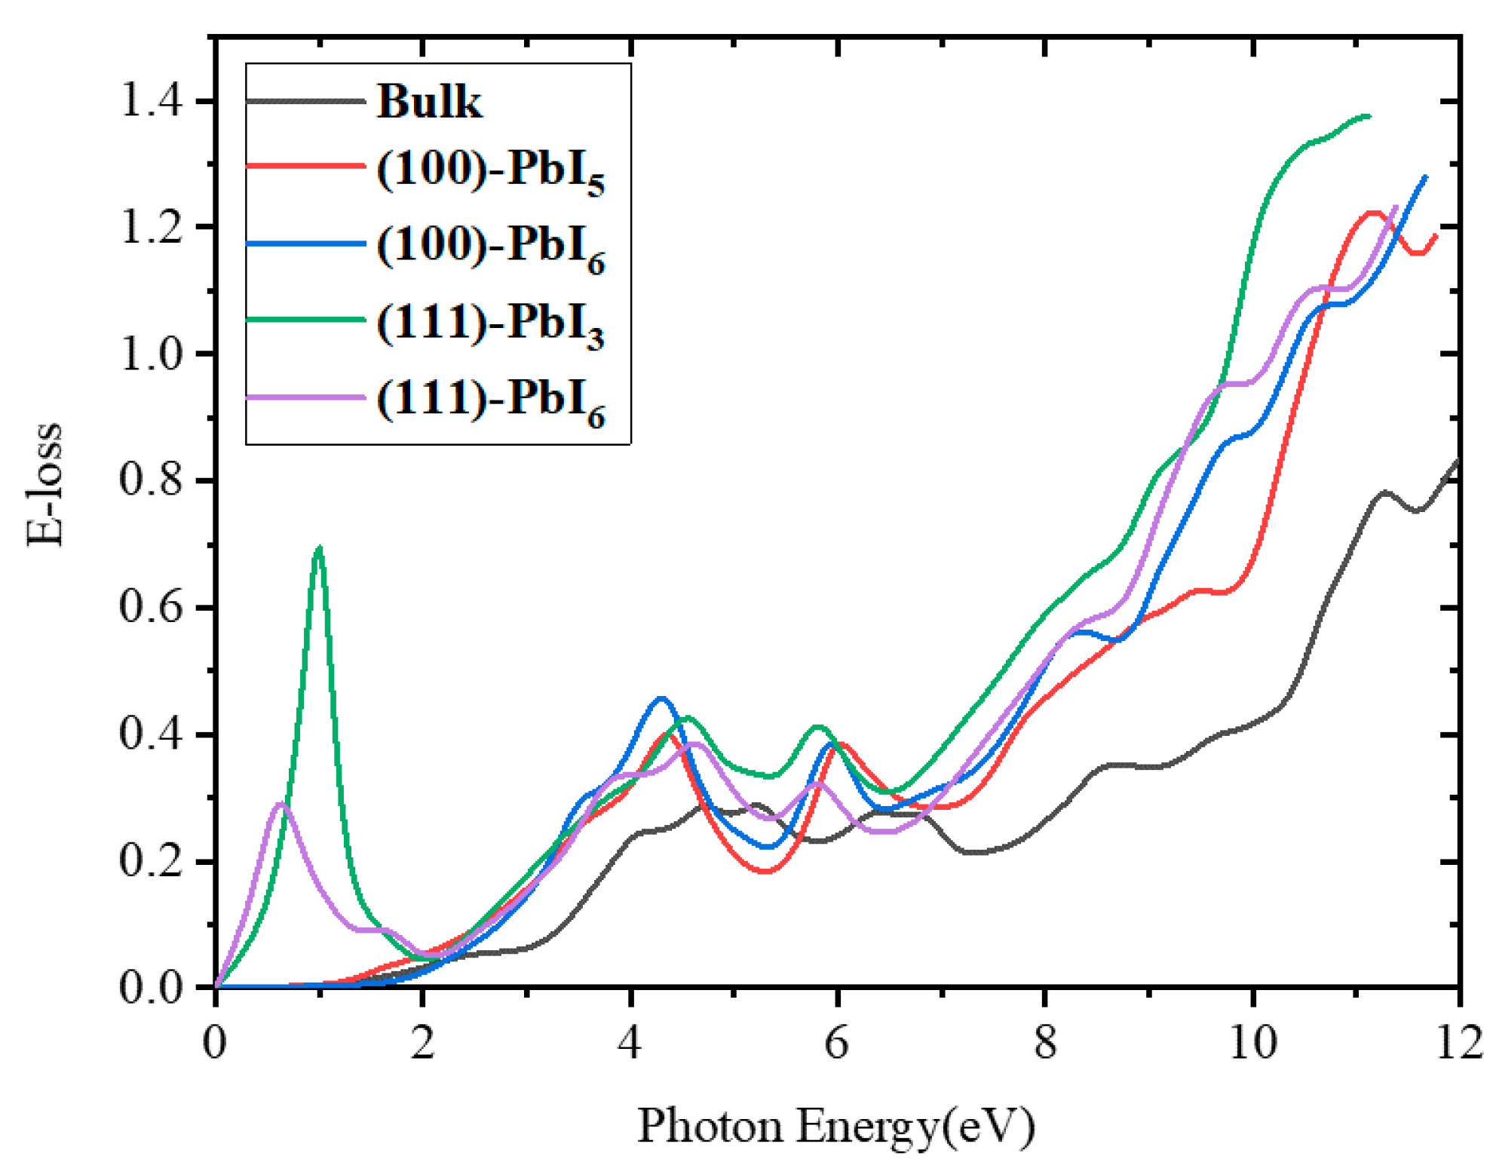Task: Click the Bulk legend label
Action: pos(428,101)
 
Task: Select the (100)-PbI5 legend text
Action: pos(490,172)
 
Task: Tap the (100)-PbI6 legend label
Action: pos(490,248)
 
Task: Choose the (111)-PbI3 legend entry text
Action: pos(490,325)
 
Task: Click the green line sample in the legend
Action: pos(305,320)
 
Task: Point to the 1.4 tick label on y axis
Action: pos(152,100)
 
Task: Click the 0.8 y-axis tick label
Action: pos(152,480)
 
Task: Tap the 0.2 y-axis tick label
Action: pos(152,860)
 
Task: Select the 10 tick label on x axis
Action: pos(1252,1044)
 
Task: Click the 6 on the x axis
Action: pos(837,1044)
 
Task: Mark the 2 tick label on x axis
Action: pos(422,1044)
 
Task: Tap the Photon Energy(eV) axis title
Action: pos(836,1126)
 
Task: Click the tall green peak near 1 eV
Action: pos(319,548)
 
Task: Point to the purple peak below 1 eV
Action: pos(281,804)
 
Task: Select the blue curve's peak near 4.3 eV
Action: pos(661,698)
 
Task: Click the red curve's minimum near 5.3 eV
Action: pos(765,871)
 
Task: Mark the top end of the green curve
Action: pos(1368,116)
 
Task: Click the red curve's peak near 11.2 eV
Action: pos(1373,213)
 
